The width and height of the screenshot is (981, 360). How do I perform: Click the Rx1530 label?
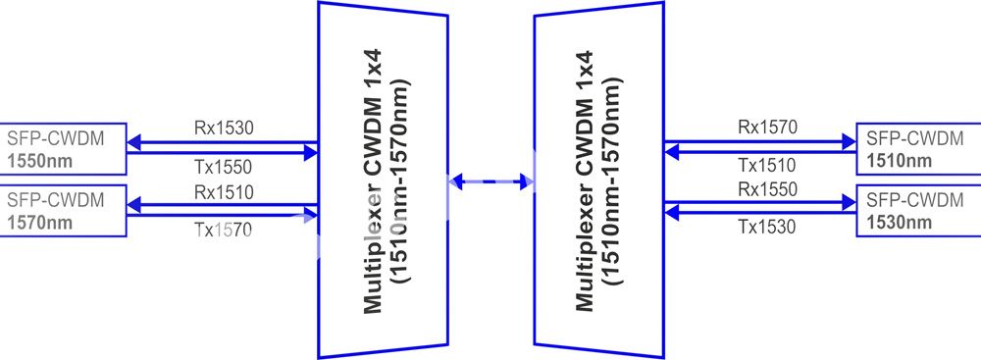coord(224,129)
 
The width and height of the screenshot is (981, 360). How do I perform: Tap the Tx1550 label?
coord(223,167)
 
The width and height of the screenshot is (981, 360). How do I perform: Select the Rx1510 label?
coord(224,192)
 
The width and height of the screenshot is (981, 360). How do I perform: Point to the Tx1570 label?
coord(223,231)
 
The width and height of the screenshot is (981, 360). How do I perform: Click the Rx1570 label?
coord(768,128)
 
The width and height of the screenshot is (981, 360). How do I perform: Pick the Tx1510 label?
coord(767,166)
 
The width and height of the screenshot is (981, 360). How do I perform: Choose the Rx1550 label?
coord(768,188)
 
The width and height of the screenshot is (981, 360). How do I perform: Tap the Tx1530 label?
coord(767,226)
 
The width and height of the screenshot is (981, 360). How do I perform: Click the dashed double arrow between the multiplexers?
coord(491,181)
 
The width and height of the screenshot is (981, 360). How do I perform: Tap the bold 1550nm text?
coord(40,161)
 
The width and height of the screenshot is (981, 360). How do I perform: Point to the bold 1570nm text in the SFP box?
coord(40,223)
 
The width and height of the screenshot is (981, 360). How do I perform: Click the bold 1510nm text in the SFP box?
coord(899,161)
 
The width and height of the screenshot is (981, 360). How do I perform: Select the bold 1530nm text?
coord(899,223)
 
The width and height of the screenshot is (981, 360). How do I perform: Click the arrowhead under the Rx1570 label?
coord(849,142)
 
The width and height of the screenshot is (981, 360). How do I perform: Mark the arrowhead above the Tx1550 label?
coord(311,152)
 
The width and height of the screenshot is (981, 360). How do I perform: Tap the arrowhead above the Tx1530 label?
coord(672,214)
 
